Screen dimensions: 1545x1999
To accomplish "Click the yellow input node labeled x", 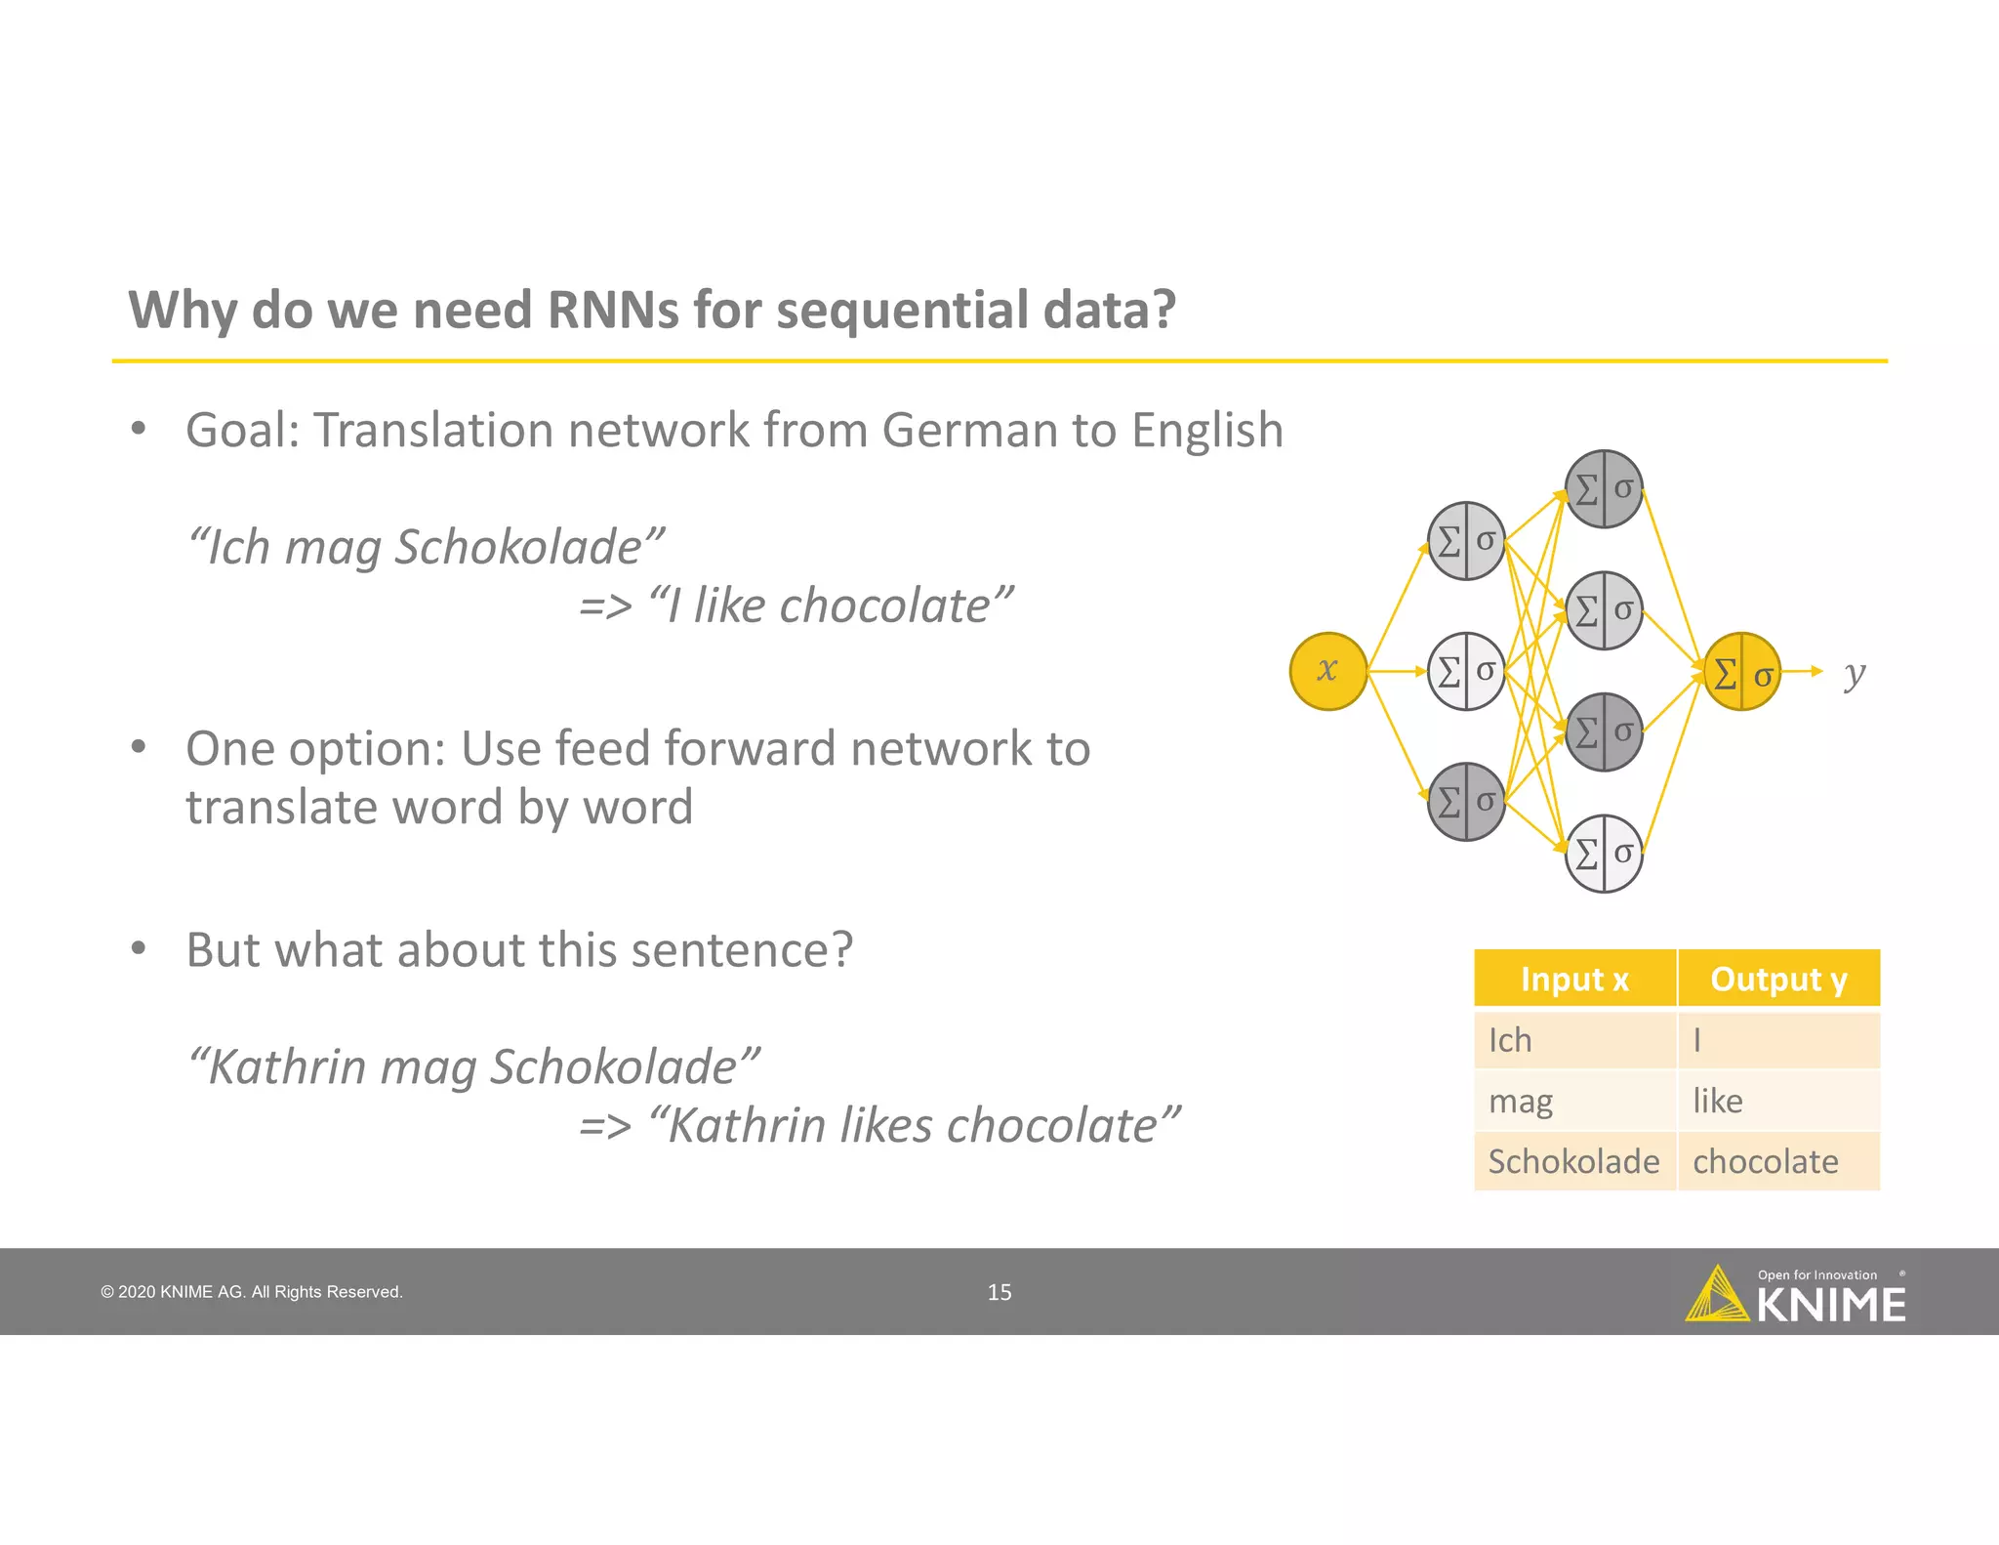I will pyautogui.click(x=1327, y=671).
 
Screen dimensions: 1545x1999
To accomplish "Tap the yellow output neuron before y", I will pyautogui.click(x=1741, y=672).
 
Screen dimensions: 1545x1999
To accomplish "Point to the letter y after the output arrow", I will pyautogui.click(x=1855, y=673).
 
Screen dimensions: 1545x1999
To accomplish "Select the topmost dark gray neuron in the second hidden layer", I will pyautogui.click(x=1604, y=489).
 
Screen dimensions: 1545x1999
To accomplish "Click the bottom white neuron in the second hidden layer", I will pyautogui.click(x=1604, y=854).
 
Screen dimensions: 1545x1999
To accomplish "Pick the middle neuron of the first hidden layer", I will pyautogui.click(x=1466, y=671).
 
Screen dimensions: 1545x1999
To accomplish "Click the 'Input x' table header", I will pyautogui.click(x=1574, y=979).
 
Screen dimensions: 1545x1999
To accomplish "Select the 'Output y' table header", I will pyautogui.click(x=1778, y=979).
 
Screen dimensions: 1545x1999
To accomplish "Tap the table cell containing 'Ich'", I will pyautogui.click(x=1574, y=1040).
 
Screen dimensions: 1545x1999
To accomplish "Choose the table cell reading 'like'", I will pyautogui.click(x=1778, y=1101).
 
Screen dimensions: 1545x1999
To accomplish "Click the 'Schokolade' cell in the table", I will pyautogui.click(x=1574, y=1161).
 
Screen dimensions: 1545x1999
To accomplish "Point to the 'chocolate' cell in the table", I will pyautogui.click(x=1778, y=1161).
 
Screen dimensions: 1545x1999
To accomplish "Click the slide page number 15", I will pyautogui.click(x=999, y=1292).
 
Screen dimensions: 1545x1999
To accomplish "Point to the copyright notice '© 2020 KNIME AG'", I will pyautogui.click(x=251, y=1292).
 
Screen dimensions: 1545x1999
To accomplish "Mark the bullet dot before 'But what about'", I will pyautogui.click(x=139, y=948).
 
